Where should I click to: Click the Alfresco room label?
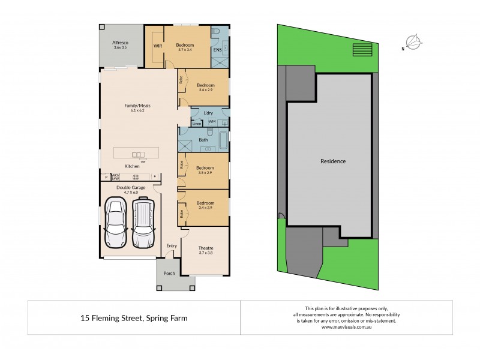(121, 43)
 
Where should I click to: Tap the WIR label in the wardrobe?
(158, 46)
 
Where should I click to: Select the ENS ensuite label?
(217, 50)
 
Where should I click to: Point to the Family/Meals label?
(137, 106)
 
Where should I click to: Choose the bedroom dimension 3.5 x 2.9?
(205, 173)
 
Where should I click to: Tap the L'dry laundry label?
(209, 113)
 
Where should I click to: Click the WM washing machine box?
(212, 122)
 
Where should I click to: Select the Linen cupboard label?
(197, 124)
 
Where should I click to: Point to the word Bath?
(203, 140)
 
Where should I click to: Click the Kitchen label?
(132, 166)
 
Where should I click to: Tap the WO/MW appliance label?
(116, 176)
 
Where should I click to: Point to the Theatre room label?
(206, 248)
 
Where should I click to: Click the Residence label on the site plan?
(333, 161)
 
